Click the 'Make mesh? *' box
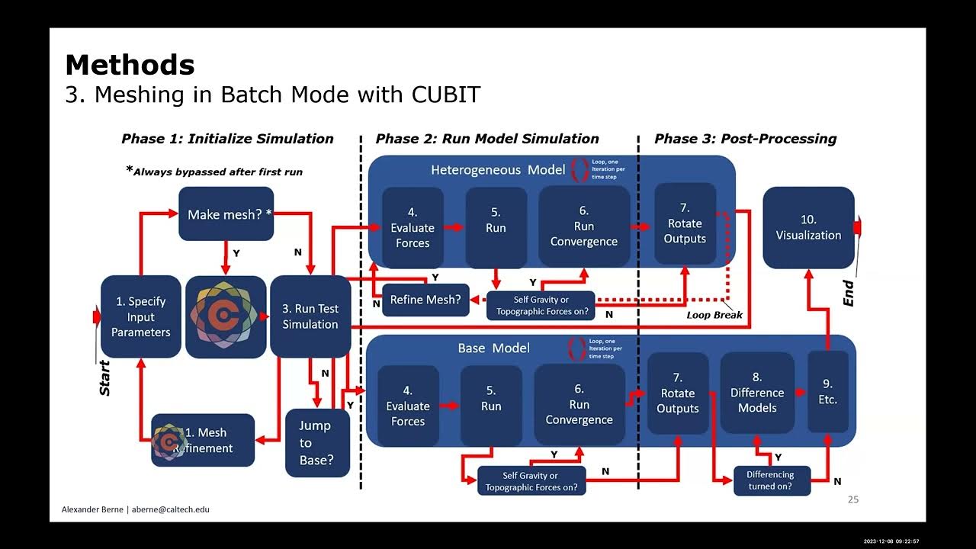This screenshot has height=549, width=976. point(226,214)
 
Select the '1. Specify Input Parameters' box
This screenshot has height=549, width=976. point(141,316)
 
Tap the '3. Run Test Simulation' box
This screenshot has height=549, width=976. point(310,316)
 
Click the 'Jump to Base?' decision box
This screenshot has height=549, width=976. point(316,443)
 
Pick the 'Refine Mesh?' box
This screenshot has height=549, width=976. point(425,300)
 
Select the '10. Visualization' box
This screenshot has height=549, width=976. point(808,227)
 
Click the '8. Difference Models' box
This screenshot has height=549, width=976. point(757,393)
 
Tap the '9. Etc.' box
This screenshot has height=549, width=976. point(827,391)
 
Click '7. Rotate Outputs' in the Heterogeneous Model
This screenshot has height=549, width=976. point(685,223)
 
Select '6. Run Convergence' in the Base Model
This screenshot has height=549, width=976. point(579,404)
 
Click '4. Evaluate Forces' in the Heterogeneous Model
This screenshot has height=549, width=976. point(412,227)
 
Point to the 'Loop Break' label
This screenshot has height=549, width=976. point(714,315)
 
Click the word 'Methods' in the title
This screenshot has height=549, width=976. point(130,65)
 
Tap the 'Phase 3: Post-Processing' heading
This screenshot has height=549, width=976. point(745,139)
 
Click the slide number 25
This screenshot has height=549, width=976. point(852,499)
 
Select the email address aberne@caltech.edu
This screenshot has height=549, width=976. point(169,509)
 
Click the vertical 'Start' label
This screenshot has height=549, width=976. point(105,377)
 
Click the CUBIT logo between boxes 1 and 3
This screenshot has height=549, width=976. point(226,316)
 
